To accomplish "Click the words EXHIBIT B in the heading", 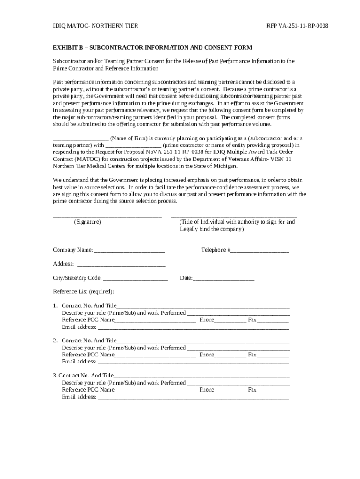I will (x=69, y=48).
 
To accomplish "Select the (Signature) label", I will (x=87, y=222).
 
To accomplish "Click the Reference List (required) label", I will (x=83, y=291).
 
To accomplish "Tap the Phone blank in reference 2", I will (x=230, y=356).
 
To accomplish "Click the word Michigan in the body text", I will (x=226, y=166).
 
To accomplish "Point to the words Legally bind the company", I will (x=211, y=229).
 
